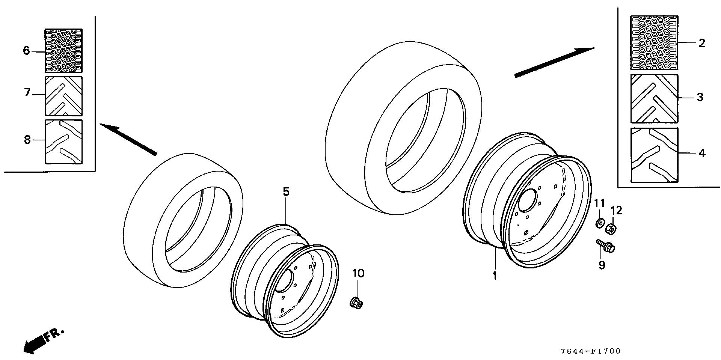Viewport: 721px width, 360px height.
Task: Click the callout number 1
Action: [x=495, y=276]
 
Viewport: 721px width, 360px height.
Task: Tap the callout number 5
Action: [x=286, y=192]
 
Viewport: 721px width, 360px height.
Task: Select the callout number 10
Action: [x=358, y=273]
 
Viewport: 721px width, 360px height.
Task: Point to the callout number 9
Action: [x=602, y=265]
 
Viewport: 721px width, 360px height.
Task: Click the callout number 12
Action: [x=617, y=211]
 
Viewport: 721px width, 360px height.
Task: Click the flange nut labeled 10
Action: [x=356, y=302]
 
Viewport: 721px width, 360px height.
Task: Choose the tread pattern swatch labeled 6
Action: [x=64, y=51]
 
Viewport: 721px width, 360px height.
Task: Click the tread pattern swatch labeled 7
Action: [x=64, y=96]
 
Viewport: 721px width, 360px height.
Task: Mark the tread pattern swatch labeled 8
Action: [x=64, y=142]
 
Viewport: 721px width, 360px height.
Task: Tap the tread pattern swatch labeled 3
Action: [x=654, y=98]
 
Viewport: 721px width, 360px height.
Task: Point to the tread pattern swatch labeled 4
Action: [x=654, y=155]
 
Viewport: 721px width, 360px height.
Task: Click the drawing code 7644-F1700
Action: [x=591, y=351]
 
